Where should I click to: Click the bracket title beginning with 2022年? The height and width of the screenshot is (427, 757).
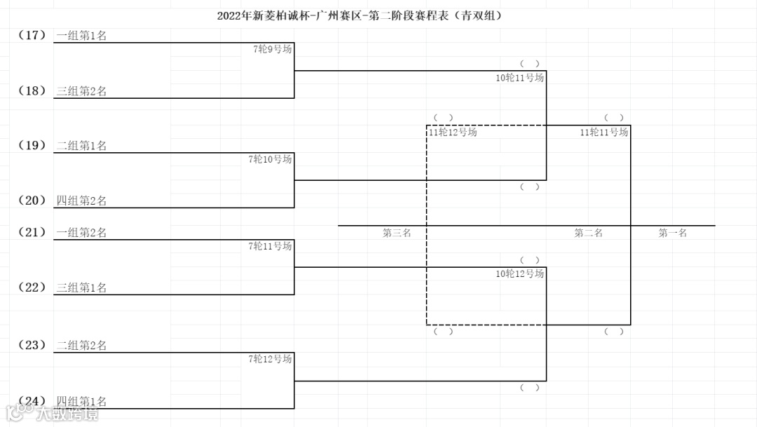point(360,15)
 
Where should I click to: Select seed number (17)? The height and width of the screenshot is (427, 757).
point(32,34)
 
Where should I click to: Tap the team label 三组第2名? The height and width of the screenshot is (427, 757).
point(81,91)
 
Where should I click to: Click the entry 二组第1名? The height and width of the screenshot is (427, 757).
point(81,146)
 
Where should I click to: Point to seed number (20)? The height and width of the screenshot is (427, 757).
point(32,201)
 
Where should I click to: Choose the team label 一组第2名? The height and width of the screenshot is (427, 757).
point(81,233)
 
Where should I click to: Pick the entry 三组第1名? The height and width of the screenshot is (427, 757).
point(81,287)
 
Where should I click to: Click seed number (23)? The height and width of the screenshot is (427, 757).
point(32,345)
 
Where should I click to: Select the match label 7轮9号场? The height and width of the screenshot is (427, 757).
point(273,49)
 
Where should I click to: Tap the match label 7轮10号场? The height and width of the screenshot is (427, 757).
point(270,159)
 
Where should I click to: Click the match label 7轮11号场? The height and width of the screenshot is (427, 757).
point(270,246)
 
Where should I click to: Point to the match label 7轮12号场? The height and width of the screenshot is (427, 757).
point(270,359)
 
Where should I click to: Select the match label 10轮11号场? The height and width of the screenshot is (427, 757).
point(519,78)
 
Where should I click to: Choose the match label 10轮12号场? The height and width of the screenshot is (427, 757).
point(519,273)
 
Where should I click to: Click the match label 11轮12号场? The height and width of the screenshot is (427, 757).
point(453,132)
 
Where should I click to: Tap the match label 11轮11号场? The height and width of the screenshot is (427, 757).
point(603,132)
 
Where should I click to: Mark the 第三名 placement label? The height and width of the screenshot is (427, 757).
point(397,233)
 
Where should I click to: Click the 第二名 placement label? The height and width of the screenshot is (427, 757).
point(588,233)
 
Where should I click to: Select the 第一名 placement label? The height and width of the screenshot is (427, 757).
point(672,233)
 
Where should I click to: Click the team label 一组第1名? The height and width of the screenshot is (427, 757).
point(81,36)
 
